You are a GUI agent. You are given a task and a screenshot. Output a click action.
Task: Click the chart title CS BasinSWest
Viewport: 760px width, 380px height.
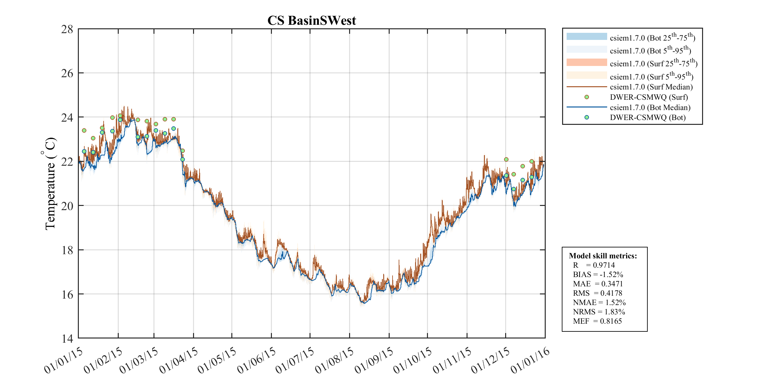311,21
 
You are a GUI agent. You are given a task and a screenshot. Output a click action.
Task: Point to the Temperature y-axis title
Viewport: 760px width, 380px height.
50,184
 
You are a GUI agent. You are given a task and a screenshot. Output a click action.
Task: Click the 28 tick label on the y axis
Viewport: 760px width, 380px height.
67,29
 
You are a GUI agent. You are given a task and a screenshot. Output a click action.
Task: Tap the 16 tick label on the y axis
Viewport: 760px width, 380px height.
67,294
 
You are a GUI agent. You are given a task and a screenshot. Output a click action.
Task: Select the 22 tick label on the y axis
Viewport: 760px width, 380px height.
67,162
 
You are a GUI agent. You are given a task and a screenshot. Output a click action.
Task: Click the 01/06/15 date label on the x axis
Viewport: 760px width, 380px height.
256,361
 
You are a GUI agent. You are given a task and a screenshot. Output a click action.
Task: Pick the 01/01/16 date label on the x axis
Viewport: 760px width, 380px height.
530,361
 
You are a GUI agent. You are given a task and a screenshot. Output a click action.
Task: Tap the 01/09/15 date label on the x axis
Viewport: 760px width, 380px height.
374,361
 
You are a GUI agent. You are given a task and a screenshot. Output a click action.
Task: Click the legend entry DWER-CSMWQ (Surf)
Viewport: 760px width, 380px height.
648,97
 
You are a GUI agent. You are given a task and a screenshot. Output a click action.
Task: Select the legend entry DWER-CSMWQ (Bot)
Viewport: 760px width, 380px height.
647,117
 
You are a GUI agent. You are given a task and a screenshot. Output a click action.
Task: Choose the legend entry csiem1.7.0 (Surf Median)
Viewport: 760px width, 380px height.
651,87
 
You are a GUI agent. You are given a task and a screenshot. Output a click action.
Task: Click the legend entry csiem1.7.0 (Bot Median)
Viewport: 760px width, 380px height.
650,107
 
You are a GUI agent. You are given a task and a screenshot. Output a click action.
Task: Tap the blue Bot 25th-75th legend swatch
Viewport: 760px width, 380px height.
587,36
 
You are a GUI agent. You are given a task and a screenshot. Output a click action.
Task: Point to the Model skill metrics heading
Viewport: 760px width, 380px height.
603,256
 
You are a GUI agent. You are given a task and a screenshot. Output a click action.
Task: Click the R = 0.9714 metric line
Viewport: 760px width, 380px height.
594,265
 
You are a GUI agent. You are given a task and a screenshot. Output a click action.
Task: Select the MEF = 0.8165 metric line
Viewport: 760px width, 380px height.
597,321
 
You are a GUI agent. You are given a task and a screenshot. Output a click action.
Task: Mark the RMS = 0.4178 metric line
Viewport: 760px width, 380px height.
598,293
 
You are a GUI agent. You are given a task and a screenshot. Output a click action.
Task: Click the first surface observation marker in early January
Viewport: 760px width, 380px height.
84,130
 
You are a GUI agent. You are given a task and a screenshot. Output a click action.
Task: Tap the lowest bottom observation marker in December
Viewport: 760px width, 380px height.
514,189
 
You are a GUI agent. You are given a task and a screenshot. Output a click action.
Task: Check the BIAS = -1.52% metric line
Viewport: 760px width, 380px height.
598,274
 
